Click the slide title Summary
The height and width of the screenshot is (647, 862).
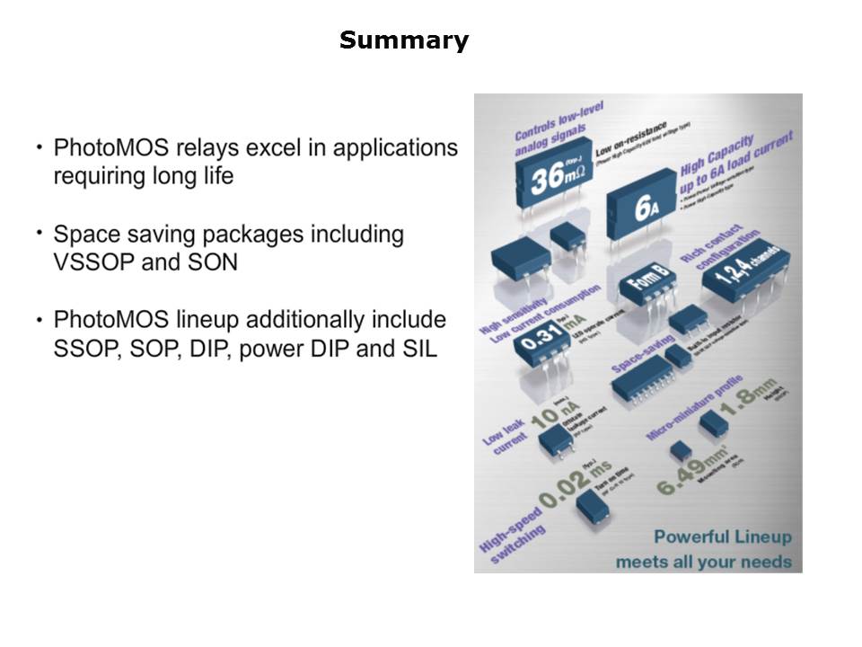click(x=404, y=40)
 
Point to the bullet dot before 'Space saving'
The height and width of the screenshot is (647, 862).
click(x=40, y=233)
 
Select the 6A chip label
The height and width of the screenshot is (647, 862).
click(x=647, y=208)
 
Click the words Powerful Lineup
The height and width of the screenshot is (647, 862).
click(x=723, y=537)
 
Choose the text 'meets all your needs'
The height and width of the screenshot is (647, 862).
click(x=704, y=563)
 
